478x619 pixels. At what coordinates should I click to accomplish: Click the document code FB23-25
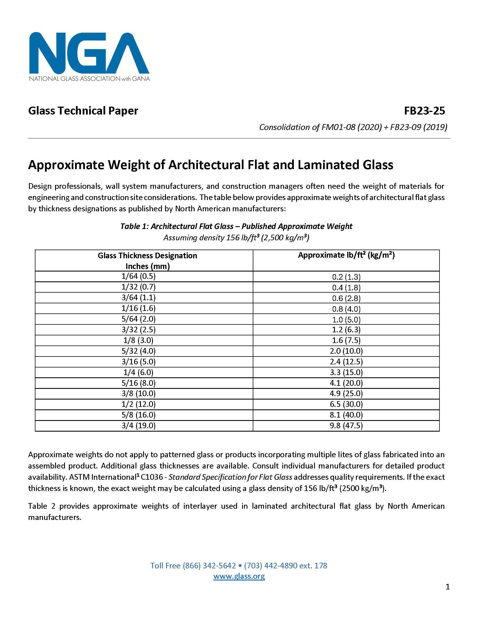(x=424, y=111)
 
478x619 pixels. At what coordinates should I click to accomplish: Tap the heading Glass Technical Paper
(x=83, y=111)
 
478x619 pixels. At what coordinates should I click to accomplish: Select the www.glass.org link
(x=239, y=576)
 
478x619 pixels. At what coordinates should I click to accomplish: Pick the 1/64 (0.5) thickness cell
(x=138, y=276)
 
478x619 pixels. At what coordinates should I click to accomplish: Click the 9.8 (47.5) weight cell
(x=346, y=425)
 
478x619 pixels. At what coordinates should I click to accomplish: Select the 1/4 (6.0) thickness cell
(x=138, y=372)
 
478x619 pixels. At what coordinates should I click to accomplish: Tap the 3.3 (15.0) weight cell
(x=346, y=372)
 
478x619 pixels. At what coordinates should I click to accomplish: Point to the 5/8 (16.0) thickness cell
(x=138, y=415)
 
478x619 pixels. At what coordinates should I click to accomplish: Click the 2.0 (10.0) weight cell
(x=346, y=351)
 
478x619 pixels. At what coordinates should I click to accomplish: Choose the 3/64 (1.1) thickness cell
(x=138, y=297)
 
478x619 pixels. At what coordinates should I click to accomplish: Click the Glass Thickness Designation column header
(x=147, y=261)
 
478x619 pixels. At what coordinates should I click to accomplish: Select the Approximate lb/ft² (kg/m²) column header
(x=346, y=255)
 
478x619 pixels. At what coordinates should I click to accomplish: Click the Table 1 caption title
(x=236, y=226)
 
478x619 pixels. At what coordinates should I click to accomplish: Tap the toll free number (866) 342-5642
(x=209, y=566)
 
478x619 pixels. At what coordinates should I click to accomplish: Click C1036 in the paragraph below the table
(x=152, y=477)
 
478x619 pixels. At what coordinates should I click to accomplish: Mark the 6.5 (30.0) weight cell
(x=346, y=404)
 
